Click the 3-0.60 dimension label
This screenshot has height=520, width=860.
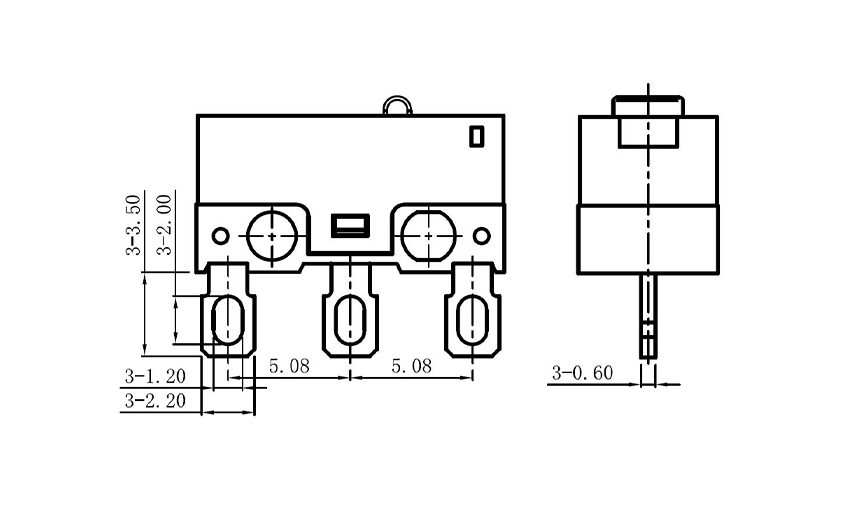(581, 374)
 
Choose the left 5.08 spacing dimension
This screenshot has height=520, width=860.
(289, 367)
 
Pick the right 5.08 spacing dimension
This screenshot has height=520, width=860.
(411, 367)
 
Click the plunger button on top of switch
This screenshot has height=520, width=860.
(395, 105)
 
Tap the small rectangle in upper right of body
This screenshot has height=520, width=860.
(477, 134)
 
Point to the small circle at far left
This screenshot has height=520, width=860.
(218, 235)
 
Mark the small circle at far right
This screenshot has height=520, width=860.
(482, 236)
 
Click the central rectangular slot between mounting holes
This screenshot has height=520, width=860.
(349, 224)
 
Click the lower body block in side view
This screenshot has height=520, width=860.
(649, 240)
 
